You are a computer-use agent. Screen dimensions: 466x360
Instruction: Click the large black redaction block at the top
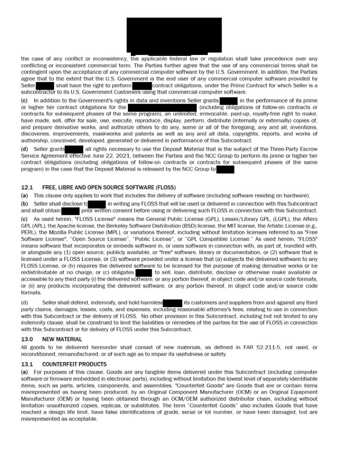(174, 35)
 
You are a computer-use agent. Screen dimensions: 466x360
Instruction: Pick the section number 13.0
(27, 339)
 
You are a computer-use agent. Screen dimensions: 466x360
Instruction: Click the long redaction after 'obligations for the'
(162, 107)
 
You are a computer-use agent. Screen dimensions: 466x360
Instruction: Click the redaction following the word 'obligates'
(143, 272)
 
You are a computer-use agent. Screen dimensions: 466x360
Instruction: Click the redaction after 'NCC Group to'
(225, 169)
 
